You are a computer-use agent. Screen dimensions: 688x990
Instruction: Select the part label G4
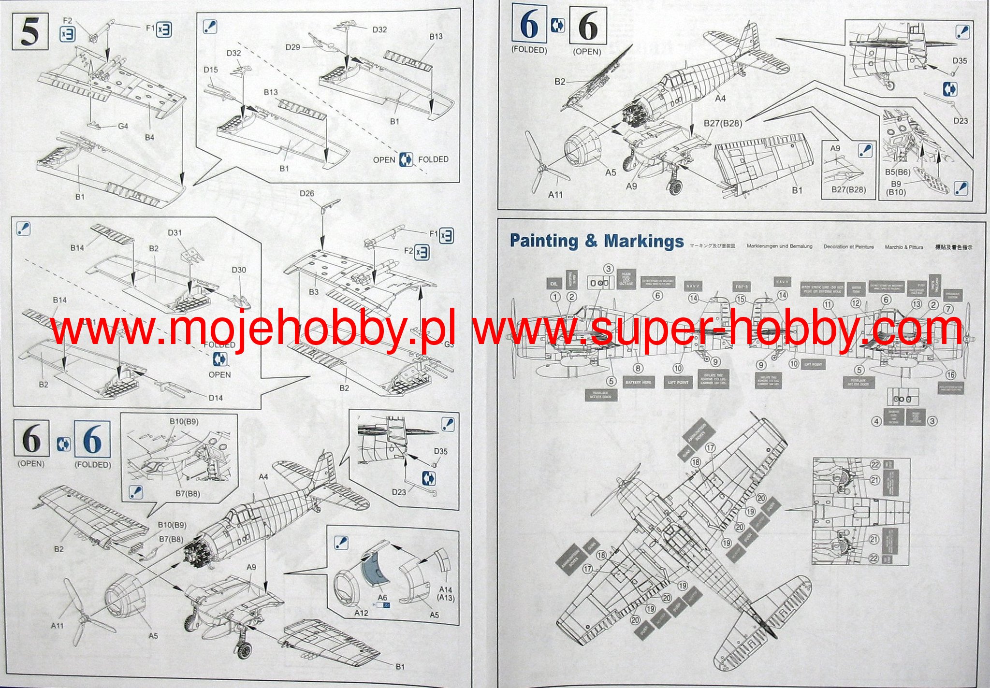click(x=123, y=126)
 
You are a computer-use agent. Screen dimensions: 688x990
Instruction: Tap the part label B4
click(x=149, y=138)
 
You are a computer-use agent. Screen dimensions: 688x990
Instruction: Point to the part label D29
click(x=292, y=47)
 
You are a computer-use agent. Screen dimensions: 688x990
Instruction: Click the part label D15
click(x=210, y=70)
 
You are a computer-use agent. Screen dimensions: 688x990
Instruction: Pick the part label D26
click(x=306, y=193)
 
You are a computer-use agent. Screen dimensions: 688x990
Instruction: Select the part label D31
click(x=175, y=232)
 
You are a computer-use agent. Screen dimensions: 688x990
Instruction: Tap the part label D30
click(x=239, y=270)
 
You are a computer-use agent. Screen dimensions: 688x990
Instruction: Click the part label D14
click(x=216, y=398)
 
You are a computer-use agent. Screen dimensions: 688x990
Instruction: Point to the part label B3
click(x=313, y=292)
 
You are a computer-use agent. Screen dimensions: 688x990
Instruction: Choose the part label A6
click(x=382, y=598)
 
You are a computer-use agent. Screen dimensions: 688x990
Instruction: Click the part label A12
click(x=361, y=613)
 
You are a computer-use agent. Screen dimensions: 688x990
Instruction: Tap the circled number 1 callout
click(x=555, y=297)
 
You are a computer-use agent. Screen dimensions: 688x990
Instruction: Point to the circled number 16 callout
click(x=950, y=374)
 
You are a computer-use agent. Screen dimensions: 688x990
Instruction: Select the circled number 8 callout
click(x=638, y=369)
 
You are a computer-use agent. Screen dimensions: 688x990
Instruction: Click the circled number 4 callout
click(x=876, y=421)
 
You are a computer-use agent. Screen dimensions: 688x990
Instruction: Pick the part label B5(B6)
click(x=898, y=172)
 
